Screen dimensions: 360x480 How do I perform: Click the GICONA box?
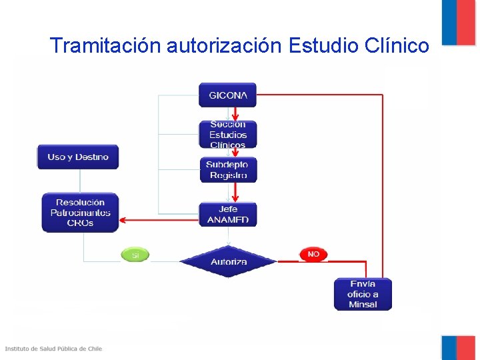[227, 95]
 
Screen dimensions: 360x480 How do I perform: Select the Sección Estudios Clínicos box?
[227, 134]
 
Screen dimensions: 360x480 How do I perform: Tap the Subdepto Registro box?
[227, 170]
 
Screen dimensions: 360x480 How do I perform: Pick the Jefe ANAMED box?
[227, 214]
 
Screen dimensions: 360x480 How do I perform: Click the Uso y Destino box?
[77, 157]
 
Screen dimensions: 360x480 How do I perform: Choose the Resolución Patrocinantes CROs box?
[80, 213]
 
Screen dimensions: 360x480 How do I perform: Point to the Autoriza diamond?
[229, 261]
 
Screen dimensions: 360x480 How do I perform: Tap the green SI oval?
[135, 255]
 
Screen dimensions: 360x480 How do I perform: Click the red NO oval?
[313, 255]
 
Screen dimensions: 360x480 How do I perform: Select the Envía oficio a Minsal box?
[363, 294]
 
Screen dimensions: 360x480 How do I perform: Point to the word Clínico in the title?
[397, 46]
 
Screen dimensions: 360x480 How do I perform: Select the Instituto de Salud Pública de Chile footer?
[54, 349]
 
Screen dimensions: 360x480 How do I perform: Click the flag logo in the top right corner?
[458, 21]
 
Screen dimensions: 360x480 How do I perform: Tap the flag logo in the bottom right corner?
[458, 347]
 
